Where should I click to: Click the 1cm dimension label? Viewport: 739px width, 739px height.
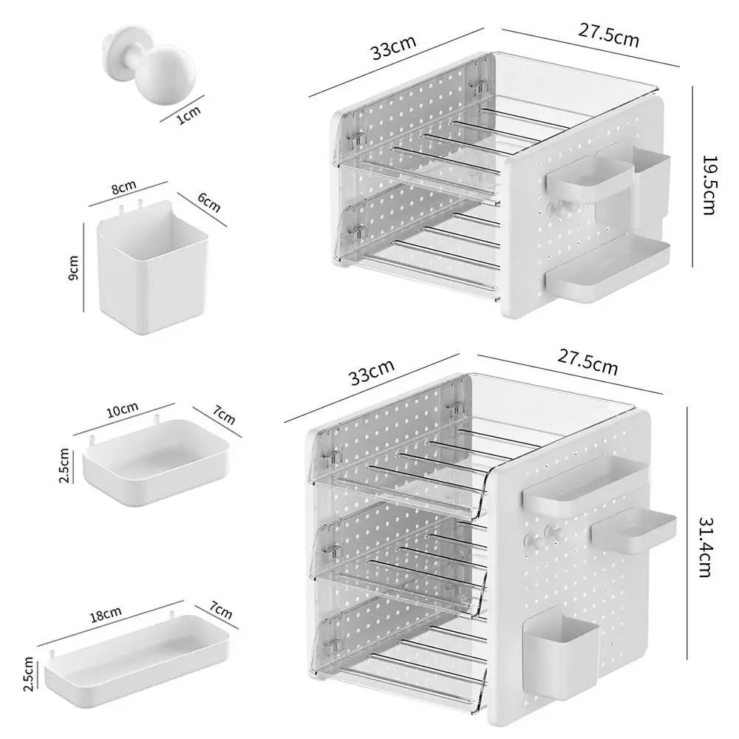tap(189, 115)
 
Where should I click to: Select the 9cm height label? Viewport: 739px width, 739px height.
tap(73, 268)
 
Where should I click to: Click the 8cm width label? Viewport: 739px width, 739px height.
tap(124, 187)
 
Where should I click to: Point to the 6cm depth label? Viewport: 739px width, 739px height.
tap(209, 202)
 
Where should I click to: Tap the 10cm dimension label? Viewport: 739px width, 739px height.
tap(123, 409)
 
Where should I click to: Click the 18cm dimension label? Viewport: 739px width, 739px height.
tap(106, 614)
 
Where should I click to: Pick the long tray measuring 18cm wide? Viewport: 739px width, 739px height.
tap(137, 660)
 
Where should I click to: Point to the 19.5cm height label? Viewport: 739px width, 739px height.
tap(709, 185)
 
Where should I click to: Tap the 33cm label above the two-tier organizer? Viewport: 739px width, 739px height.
tap(394, 47)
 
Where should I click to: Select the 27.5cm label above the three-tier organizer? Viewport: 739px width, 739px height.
tap(588, 362)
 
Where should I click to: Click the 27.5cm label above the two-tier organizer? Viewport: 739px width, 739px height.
tap(608, 35)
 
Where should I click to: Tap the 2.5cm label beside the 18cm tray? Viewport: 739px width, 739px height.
tap(28, 675)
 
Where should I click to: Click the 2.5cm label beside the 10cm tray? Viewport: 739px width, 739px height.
tap(64, 466)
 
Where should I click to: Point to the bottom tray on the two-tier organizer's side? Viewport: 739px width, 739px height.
tap(608, 270)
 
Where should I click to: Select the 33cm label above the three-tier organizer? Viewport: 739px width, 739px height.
tap(372, 372)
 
